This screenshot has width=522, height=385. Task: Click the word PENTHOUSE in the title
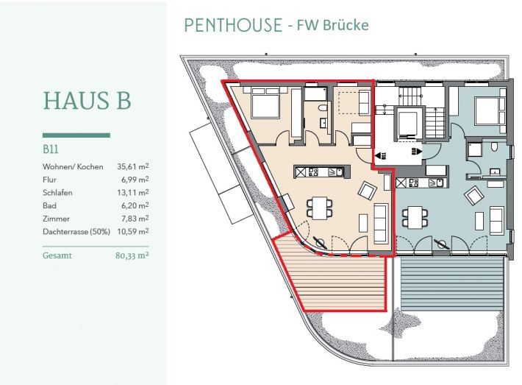click(x=233, y=25)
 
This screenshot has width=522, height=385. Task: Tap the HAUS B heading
click(x=87, y=100)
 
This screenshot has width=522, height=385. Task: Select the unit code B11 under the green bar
click(x=51, y=149)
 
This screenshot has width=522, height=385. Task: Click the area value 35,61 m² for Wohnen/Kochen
click(x=133, y=166)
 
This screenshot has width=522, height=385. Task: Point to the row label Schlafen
click(x=57, y=193)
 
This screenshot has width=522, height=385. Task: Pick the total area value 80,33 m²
click(x=132, y=255)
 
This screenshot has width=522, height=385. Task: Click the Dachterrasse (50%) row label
click(x=76, y=232)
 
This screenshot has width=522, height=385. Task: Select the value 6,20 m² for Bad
click(x=135, y=205)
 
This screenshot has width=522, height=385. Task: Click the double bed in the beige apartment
click(x=265, y=102)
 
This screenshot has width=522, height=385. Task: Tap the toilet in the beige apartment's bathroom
click(x=322, y=108)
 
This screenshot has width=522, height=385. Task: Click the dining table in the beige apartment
click(x=320, y=208)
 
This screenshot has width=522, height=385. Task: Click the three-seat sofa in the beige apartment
click(x=381, y=223)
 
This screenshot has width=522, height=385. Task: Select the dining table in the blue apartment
click(x=415, y=217)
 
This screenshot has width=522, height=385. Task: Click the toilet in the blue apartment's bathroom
click(x=494, y=147)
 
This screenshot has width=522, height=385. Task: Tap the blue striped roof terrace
click(x=451, y=284)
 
